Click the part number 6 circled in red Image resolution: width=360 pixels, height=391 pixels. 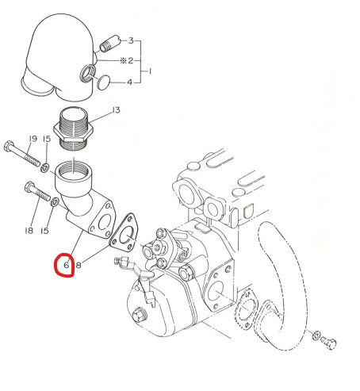coord(67,264)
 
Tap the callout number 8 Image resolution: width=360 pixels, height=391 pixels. coord(79,265)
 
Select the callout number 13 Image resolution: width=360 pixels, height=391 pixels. coord(116,109)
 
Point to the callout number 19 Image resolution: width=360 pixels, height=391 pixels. coord(33,139)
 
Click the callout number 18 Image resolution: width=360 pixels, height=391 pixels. coord(29,231)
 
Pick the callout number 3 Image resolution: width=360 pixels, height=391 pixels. coord(131,40)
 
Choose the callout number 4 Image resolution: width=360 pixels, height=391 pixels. coord(129,82)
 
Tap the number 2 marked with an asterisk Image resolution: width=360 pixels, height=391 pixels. coord(127,61)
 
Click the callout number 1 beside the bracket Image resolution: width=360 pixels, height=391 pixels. coord(150,71)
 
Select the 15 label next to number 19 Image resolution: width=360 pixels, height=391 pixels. coord(46,139)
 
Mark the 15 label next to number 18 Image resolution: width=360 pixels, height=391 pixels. coord(44,231)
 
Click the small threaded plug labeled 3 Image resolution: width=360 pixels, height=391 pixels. coord(109,44)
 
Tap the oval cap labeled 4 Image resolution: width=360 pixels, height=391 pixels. coord(103,82)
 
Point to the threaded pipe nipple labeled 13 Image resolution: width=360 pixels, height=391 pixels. coord(73,128)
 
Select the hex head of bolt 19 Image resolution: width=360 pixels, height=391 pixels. coord(10,146)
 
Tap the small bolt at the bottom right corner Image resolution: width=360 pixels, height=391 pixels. coord(329,343)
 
